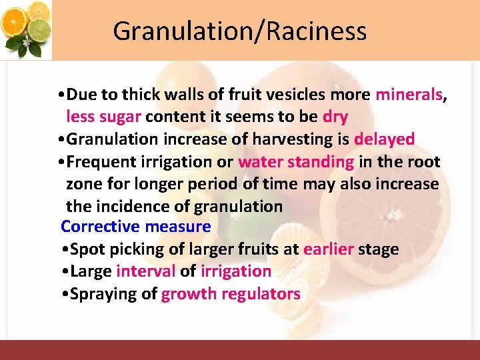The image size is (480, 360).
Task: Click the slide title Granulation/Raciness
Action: click(x=239, y=31)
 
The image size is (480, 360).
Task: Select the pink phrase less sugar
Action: click(x=103, y=117)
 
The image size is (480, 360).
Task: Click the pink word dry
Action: click(x=335, y=117)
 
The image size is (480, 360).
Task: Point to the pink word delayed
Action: click(x=384, y=139)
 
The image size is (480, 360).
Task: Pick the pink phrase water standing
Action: click(x=296, y=161)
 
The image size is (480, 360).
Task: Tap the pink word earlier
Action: click(x=328, y=249)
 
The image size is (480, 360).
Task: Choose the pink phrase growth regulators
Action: click(x=231, y=293)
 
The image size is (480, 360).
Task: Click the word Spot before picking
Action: click(x=85, y=249)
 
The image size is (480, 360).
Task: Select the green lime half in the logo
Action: click(x=41, y=30)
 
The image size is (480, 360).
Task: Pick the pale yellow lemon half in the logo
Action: click(x=39, y=10)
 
